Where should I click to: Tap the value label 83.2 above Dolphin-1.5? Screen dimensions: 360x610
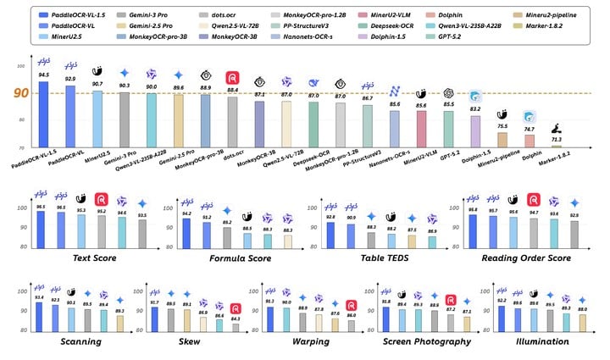click(x=475, y=109)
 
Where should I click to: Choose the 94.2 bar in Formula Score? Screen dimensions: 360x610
click(x=186, y=233)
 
